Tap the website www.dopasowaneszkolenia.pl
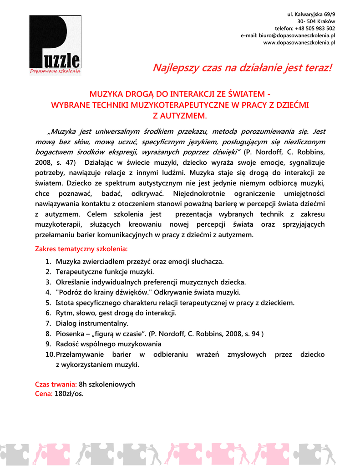pyautogui.click(x=299, y=42)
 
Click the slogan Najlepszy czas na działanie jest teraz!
pyautogui.click(x=243, y=68)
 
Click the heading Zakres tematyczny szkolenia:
pyautogui.click(x=81, y=249)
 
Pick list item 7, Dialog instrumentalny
pyautogui.click(x=92, y=324)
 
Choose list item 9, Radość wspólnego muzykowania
pyautogui.click(x=108, y=344)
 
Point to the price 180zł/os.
pyautogui.click(x=69, y=394)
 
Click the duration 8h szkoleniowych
pyautogui.click(x=107, y=384)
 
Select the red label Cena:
pyautogui.click(x=44, y=394)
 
